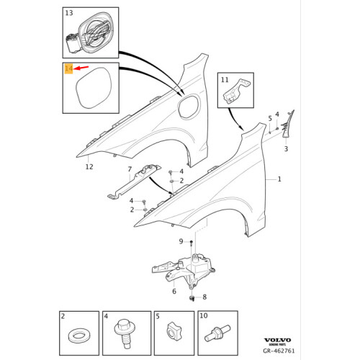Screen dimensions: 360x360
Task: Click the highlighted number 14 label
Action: pyautogui.click(x=68, y=69)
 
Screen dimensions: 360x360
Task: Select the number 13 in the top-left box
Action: pyautogui.click(x=68, y=14)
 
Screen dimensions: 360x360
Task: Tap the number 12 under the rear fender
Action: pyautogui.click(x=89, y=167)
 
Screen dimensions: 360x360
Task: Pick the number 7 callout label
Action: pyautogui.click(x=130, y=170)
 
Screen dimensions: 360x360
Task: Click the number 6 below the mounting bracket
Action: pyautogui.click(x=174, y=291)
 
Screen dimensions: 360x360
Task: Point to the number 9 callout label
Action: pyautogui.click(x=181, y=240)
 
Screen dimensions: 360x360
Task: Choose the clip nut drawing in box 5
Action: pyautogui.click(x=174, y=333)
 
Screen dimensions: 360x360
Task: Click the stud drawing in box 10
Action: pyautogui.click(x=216, y=333)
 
